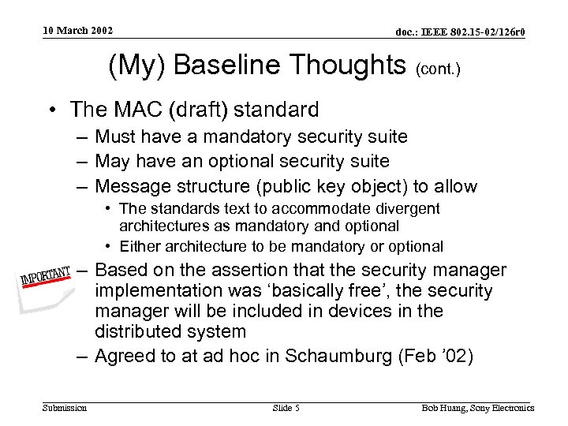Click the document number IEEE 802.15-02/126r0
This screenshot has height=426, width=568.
coord(460,32)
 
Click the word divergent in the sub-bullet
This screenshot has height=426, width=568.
coord(406,208)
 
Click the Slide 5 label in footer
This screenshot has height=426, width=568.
coord(286,408)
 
